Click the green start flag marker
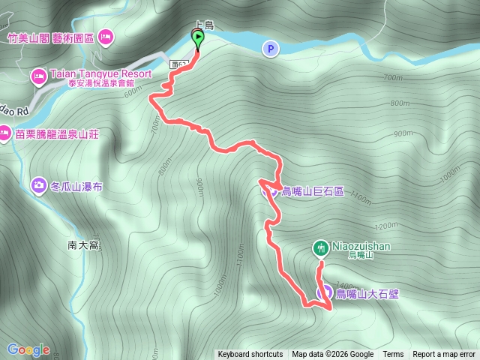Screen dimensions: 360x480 (x=198, y=37)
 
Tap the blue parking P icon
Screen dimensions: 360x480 (x=270, y=49)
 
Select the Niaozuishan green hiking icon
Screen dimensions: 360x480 (x=320, y=247)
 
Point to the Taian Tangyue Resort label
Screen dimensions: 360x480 (x=101, y=74)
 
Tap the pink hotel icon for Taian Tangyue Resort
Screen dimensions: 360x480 (x=38, y=75)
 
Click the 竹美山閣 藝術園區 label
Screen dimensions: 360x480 (x=50, y=35)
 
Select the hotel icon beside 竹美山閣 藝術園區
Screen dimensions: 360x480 (x=106, y=34)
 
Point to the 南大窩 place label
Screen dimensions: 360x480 (x=82, y=244)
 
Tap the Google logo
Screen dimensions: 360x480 (x=28, y=349)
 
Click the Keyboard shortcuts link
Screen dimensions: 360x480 (x=250, y=355)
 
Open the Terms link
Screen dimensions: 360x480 (x=393, y=355)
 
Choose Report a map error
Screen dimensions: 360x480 (x=444, y=355)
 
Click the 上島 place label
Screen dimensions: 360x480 (x=204, y=25)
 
